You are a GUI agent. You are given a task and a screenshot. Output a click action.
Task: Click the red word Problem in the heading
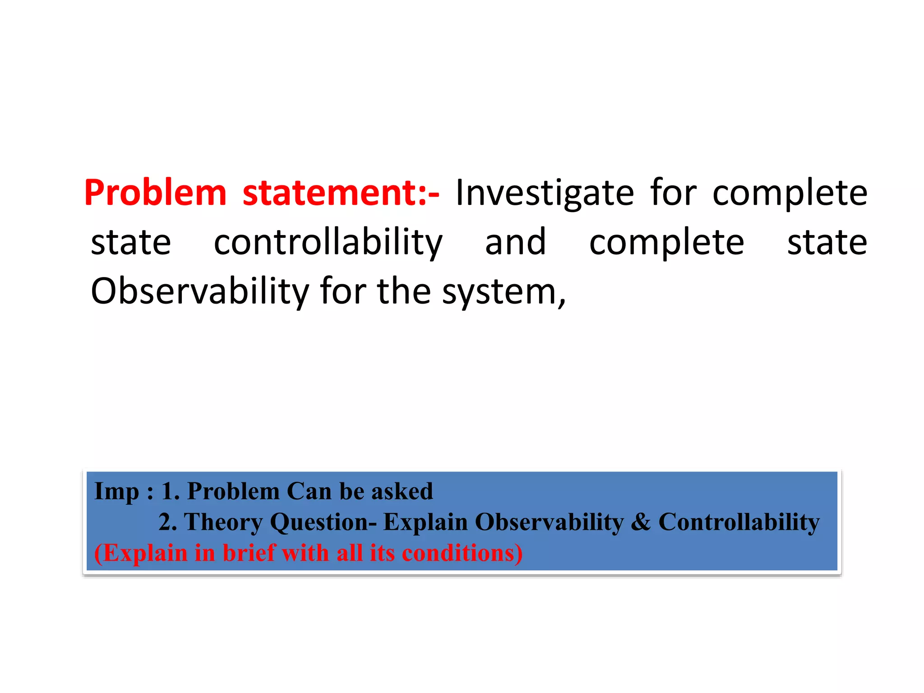pos(155,193)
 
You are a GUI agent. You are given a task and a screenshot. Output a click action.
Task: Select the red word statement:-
pos(341,193)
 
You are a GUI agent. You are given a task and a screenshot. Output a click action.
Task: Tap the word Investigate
pos(545,193)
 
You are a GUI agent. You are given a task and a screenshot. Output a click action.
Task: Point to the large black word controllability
pos(328,243)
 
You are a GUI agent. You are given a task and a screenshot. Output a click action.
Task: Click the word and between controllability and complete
pos(515,243)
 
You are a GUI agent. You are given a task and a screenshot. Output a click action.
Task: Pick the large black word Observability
pos(199,292)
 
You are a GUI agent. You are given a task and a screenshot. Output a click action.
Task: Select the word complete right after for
pos(790,193)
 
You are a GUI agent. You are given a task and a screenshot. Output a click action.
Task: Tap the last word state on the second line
pos(827,243)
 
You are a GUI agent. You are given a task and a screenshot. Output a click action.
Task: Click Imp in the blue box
pos(116,491)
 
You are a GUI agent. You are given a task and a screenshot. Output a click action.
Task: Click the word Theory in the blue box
pos(223,522)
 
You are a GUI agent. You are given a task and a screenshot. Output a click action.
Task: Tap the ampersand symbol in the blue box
pos(641,522)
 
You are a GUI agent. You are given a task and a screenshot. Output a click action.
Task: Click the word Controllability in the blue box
pos(739,522)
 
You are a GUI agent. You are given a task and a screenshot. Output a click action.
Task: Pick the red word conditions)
pos(462,553)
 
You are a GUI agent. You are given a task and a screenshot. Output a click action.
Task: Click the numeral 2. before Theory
pos(168,522)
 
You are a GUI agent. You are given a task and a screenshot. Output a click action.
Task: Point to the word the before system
pos(403,292)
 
